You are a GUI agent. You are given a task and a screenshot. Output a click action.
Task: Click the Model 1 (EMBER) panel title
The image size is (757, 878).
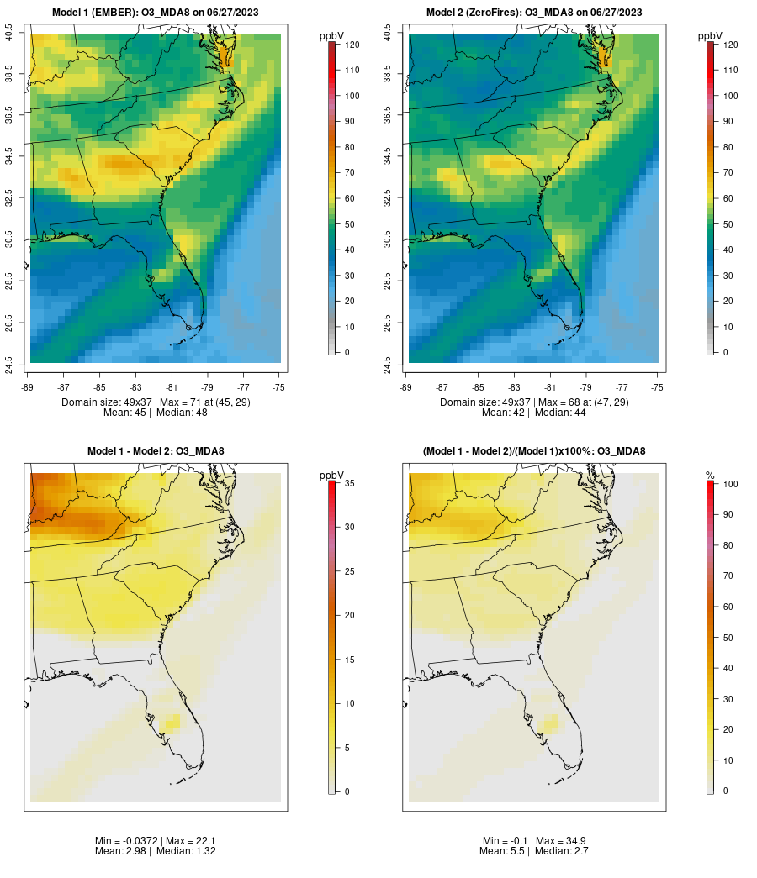pyautogui.click(x=156, y=13)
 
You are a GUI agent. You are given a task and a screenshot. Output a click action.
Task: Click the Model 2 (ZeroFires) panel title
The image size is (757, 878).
pyautogui.click(x=534, y=13)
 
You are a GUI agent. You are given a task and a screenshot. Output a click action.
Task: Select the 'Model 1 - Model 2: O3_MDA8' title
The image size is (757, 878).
pyautogui.click(x=156, y=451)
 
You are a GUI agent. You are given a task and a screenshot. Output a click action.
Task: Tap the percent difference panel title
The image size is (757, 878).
pyautogui.click(x=534, y=451)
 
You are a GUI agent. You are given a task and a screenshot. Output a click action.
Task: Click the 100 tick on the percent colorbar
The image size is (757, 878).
pyautogui.click(x=729, y=483)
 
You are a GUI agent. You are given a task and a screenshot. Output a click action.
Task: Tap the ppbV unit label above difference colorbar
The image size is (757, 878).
pyautogui.click(x=332, y=476)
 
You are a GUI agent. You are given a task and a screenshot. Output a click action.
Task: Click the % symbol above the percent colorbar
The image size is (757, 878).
pyautogui.click(x=710, y=476)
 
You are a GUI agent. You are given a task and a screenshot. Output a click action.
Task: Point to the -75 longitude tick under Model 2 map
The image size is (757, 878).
pyautogui.click(x=657, y=387)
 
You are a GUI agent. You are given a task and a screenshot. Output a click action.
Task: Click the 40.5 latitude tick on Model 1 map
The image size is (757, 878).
pyautogui.click(x=9, y=34)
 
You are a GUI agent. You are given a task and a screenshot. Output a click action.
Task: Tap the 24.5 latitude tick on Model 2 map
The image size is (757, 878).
pyautogui.click(x=388, y=365)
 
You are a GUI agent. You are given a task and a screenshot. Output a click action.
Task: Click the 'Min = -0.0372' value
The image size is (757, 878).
pyautogui.click(x=127, y=841)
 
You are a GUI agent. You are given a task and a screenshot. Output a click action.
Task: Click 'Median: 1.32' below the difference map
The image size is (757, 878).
pyautogui.click(x=183, y=851)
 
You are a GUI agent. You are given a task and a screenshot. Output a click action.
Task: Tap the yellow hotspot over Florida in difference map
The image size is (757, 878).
pyautogui.click(x=171, y=720)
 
